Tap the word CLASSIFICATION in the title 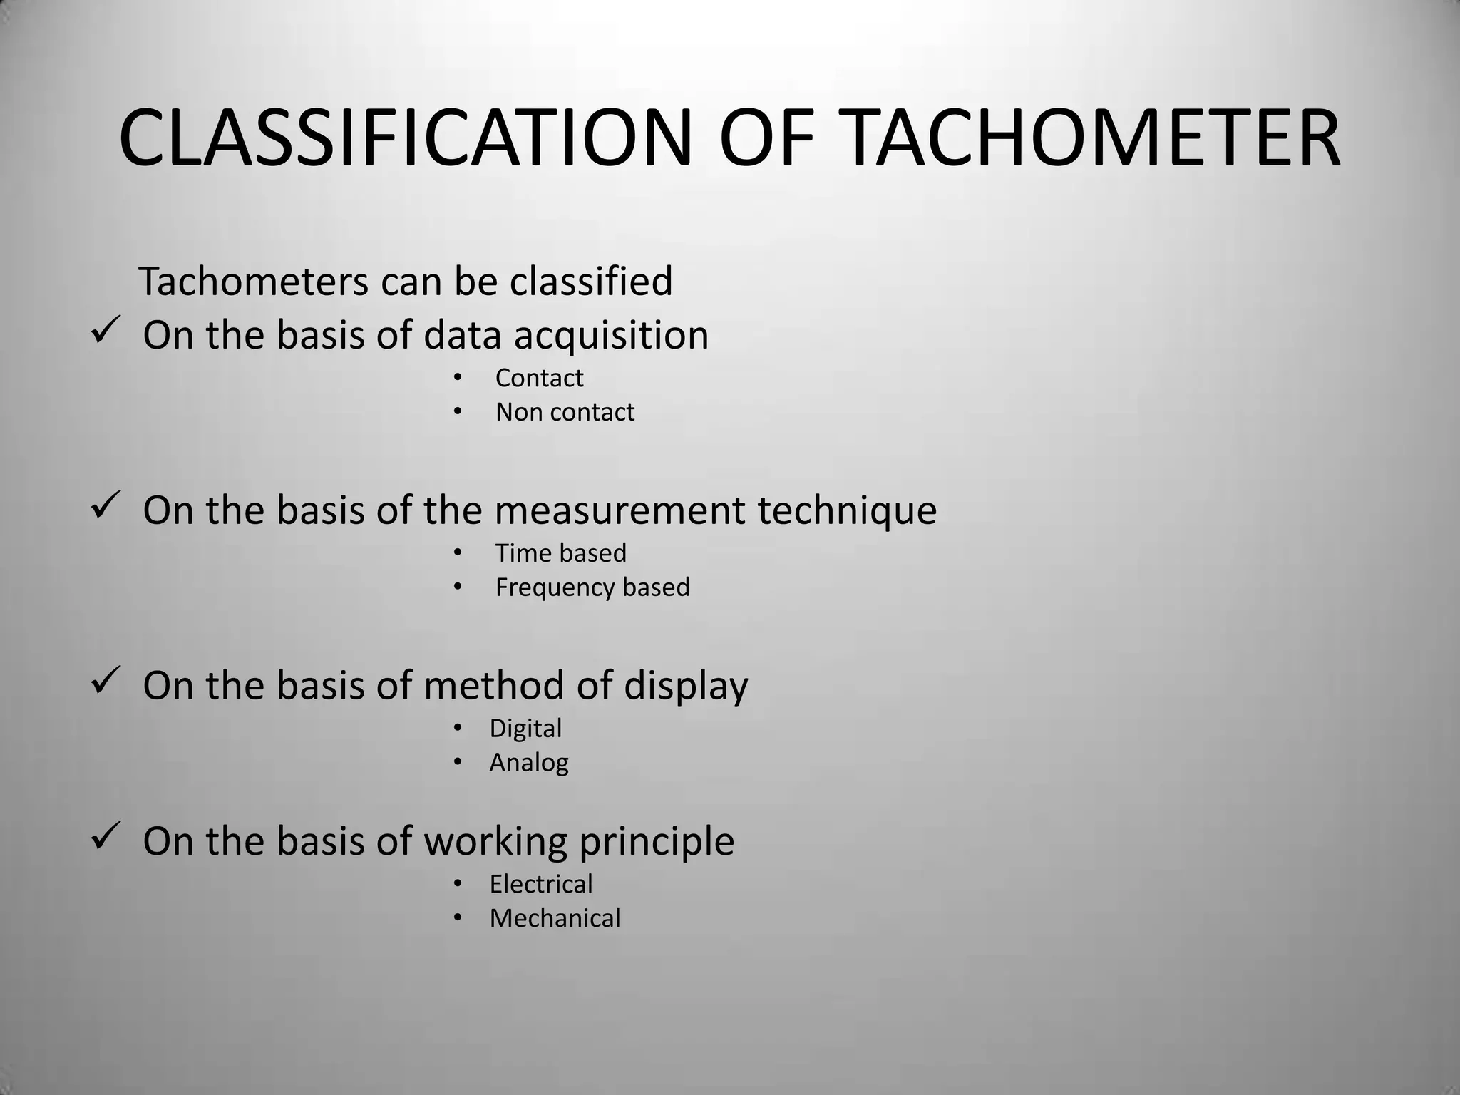[405, 139]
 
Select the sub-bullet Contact [539, 378]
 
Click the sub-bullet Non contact [565, 412]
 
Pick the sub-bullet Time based [560, 553]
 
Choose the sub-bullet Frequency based [592, 587]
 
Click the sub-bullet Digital [525, 729]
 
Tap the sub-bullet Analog [528, 763]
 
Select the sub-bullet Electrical [540, 884]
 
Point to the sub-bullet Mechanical [555, 918]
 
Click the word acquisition [611, 336]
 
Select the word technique [846, 511]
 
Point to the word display [686, 687]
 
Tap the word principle [656, 842]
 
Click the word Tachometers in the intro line [253, 282]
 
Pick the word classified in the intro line [590, 282]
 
